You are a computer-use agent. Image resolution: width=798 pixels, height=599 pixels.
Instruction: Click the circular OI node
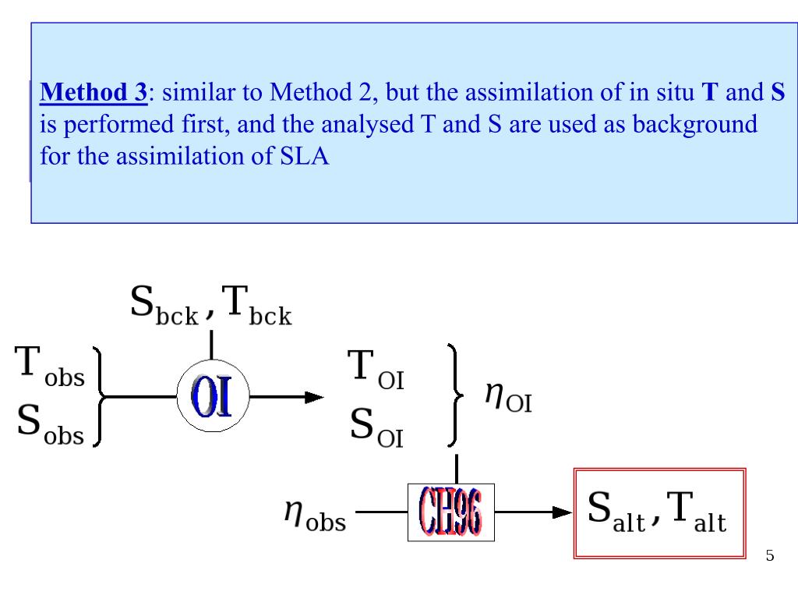[211, 396]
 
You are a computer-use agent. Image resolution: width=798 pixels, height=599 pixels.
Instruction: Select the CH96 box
[450, 512]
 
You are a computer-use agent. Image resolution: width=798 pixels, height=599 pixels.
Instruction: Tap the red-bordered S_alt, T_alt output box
[659, 513]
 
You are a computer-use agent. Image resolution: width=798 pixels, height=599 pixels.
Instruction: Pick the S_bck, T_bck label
[210, 306]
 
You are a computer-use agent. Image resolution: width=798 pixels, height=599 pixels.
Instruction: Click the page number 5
[770, 556]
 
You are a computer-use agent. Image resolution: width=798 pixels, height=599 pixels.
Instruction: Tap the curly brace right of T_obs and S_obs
[99, 396]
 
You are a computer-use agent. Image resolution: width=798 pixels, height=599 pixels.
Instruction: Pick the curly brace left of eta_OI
[457, 396]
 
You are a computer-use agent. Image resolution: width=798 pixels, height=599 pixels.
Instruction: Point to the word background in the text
[694, 125]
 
